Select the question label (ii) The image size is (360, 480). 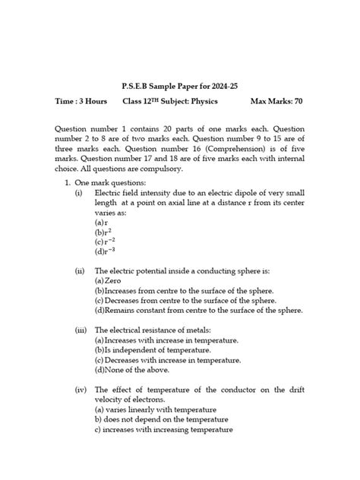(x=80, y=270)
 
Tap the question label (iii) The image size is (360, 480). (x=80, y=330)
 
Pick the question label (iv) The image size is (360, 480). (x=80, y=390)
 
